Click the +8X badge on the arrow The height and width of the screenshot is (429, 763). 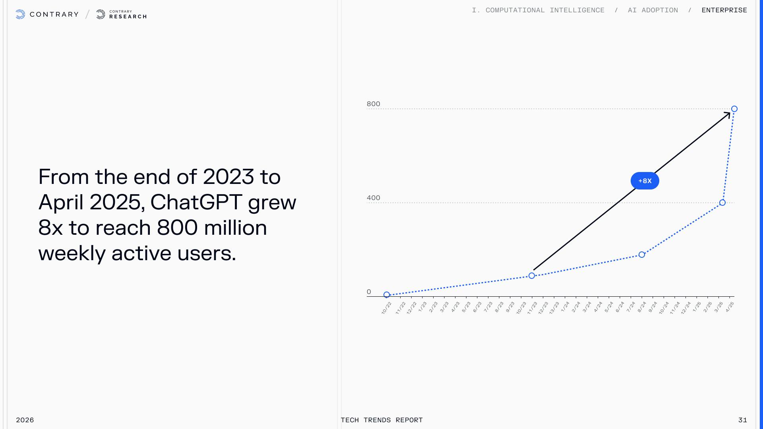(645, 181)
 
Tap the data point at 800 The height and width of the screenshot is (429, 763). (734, 109)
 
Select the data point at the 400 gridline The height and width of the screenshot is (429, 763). (722, 203)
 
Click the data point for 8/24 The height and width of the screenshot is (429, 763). (642, 255)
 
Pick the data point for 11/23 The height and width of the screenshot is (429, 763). (532, 276)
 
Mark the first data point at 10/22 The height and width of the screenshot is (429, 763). (387, 295)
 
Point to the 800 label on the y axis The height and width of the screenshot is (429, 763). (373, 104)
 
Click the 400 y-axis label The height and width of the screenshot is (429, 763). (373, 198)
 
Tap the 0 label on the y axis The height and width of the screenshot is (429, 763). (369, 292)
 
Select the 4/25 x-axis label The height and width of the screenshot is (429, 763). (730, 307)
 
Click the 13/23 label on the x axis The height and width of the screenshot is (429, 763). (554, 308)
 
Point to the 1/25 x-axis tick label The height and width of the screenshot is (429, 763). (697, 307)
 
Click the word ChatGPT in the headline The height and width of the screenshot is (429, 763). (196, 202)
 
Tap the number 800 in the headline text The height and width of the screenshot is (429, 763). (177, 228)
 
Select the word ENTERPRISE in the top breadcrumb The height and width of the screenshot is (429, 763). (724, 10)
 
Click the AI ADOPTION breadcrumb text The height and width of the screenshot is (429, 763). (653, 10)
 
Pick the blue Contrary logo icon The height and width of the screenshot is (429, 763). (20, 15)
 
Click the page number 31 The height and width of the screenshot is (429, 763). (742, 420)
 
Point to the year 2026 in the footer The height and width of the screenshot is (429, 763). (25, 420)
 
